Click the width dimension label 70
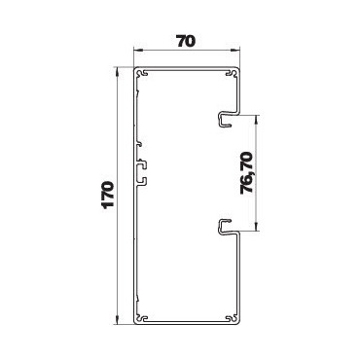(x=186, y=41)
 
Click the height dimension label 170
(x=107, y=195)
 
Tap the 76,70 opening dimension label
(x=247, y=173)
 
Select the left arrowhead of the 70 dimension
(x=138, y=51)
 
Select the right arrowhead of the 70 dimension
(x=235, y=51)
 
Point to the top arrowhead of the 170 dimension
(x=117, y=72)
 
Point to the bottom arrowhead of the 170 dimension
(x=117, y=319)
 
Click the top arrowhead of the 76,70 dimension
(x=257, y=120)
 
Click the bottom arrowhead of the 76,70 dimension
(x=257, y=227)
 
